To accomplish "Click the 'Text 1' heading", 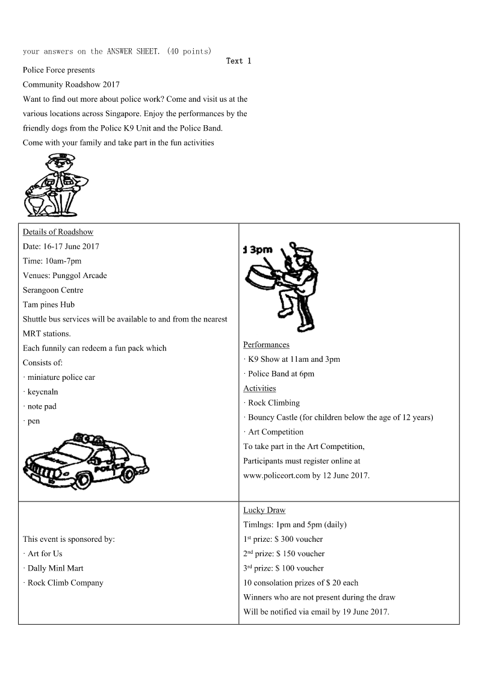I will click(238, 61).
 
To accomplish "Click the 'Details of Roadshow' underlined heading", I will click(58, 232).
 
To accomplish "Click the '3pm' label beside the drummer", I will click(259, 250).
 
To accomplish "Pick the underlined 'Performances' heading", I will click(266, 345).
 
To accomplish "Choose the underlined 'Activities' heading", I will click(259, 388).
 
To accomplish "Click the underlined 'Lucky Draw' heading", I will click(264, 510).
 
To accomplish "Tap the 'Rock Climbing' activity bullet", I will click(273, 403).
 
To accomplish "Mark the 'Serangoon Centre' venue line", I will click(53, 290).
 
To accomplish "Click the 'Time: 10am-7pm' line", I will click(52, 261).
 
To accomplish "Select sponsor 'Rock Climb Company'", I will click(65, 583).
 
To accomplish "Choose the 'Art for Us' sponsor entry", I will click(45, 554).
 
